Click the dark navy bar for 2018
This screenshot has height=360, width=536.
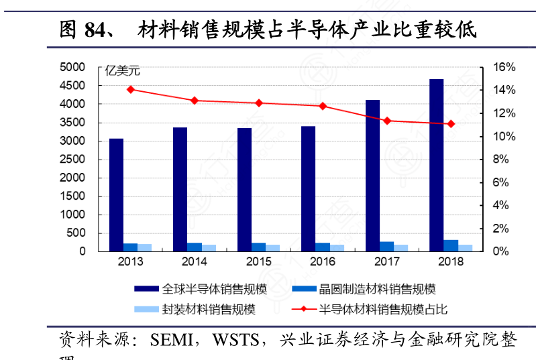[436, 165]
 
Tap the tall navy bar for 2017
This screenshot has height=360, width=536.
[372, 175]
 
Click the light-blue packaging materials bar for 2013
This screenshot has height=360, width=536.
[145, 247]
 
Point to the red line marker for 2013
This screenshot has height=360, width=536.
[131, 89]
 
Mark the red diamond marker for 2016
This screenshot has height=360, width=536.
[323, 106]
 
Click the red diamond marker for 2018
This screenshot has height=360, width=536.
[451, 124]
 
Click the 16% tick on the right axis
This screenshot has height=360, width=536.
[504, 67]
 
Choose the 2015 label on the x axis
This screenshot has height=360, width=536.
[258, 261]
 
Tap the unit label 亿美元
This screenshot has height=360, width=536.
[122, 71]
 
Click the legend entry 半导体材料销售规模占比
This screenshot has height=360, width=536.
[382, 309]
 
